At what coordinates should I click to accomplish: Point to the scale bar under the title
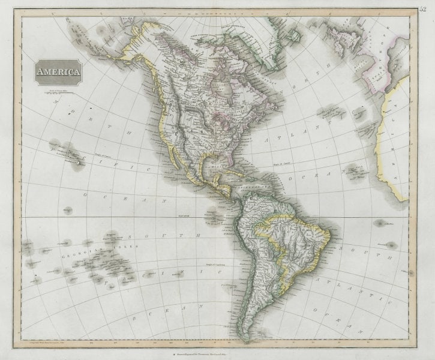[59, 94]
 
